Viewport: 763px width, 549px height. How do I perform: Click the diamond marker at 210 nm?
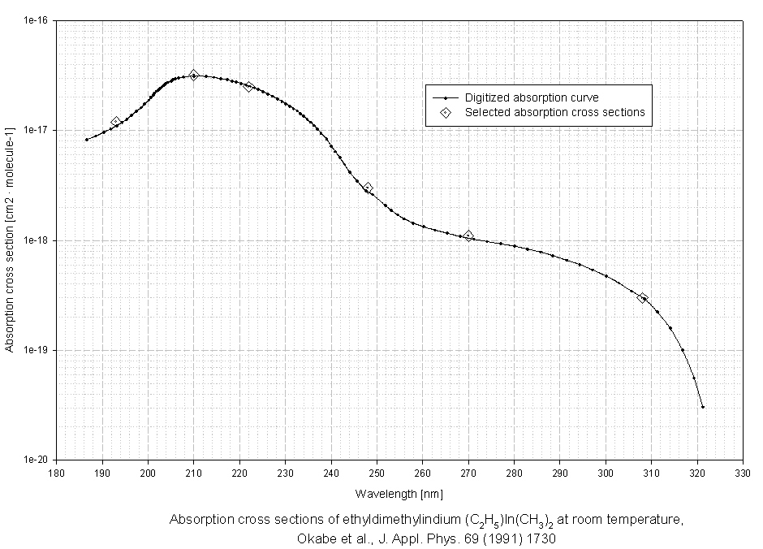pyautogui.click(x=193, y=75)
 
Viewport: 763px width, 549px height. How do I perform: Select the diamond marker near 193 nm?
pyautogui.click(x=116, y=122)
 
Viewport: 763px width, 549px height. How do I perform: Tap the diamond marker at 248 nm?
pyautogui.click(x=368, y=188)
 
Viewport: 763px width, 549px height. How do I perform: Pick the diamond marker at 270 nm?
pyautogui.click(x=468, y=236)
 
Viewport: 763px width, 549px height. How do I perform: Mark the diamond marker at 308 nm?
pyautogui.click(x=643, y=298)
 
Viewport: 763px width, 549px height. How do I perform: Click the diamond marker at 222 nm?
pyautogui.click(x=248, y=87)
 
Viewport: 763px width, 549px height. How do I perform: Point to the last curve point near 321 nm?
pyautogui.click(x=702, y=407)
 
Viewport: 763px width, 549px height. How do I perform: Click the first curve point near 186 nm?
pyautogui.click(x=86, y=140)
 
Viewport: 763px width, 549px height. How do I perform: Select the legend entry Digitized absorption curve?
pyautogui.click(x=532, y=97)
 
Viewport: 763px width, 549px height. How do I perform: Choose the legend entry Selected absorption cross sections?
pyautogui.click(x=554, y=112)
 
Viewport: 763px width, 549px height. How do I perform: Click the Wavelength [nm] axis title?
pyautogui.click(x=399, y=493)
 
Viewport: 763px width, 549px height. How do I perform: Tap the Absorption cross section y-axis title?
pyautogui.click(x=10, y=240)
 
